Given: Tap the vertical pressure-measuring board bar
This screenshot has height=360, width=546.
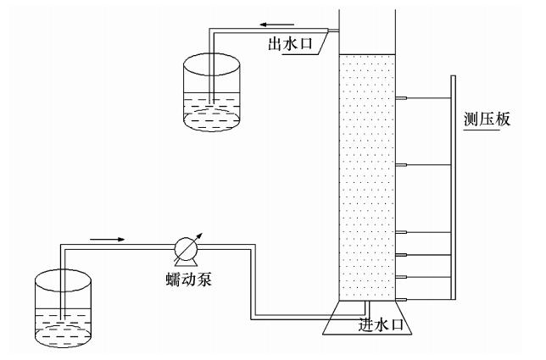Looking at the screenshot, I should click(x=453, y=186).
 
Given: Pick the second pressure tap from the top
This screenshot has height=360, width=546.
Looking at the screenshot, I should click(x=402, y=163).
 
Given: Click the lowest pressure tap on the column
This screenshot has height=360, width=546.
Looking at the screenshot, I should click(x=402, y=299).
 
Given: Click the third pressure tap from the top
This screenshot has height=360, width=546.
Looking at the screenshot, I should click(x=402, y=231).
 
